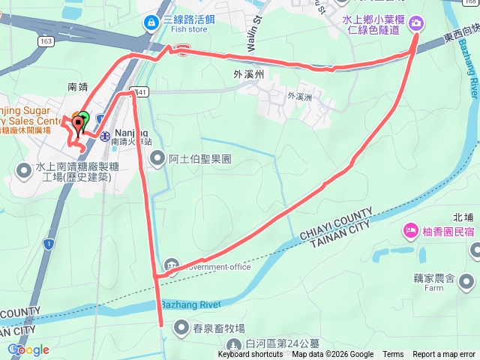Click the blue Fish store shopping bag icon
(151, 23)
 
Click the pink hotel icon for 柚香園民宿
(410, 229)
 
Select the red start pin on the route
(77, 126)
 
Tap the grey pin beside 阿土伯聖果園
(157, 158)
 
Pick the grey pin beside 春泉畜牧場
(181, 327)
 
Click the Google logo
(28, 349)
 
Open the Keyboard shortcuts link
(250, 355)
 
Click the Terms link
(393, 355)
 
